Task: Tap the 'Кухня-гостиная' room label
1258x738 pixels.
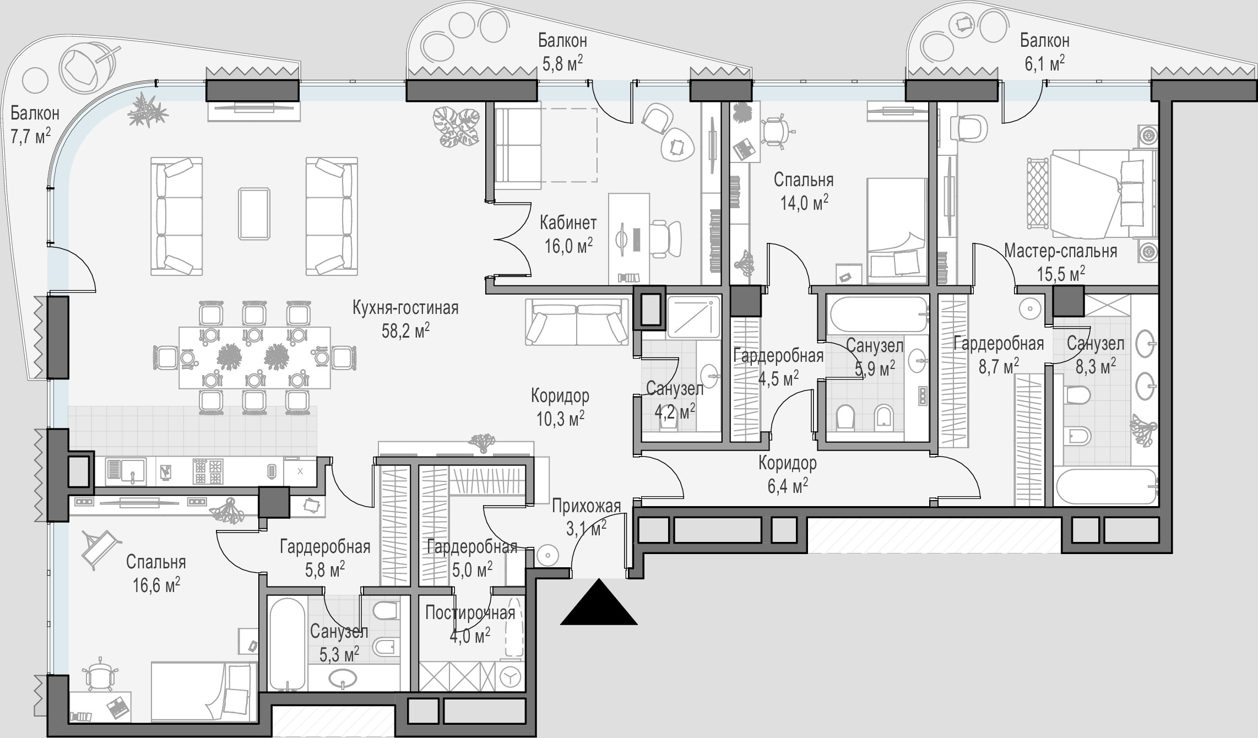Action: pyautogui.click(x=406, y=307)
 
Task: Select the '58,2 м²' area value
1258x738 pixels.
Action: pyautogui.click(x=406, y=330)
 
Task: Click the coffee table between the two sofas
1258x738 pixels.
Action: pyautogui.click(x=254, y=214)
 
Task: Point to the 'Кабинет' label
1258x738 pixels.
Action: pyautogui.click(x=568, y=223)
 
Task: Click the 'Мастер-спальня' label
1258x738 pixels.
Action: pyautogui.click(x=1061, y=251)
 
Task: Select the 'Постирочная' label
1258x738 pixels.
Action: pyautogui.click(x=470, y=613)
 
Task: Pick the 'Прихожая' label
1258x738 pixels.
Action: pyautogui.click(x=587, y=506)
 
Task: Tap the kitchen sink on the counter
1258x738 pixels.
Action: pyautogui.click(x=126, y=471)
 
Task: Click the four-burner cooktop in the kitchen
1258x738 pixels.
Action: pyautogui.click(x=208, y=471)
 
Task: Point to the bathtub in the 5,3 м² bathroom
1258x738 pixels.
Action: pyautogui.click(x=286, y=644)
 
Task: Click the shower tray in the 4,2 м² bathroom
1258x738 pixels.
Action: pyautogui.click(x=694, y=317)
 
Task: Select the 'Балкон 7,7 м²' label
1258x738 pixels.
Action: pyautogui.click(x=35, y=125)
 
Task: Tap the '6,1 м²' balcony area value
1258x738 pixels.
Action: pyautogui.click(x=1044, y=64)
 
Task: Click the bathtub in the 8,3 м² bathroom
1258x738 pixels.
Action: pyautogui.click(x=1107, y=486)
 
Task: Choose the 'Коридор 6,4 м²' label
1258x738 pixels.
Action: pyautogui.click(x=787, y=474)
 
